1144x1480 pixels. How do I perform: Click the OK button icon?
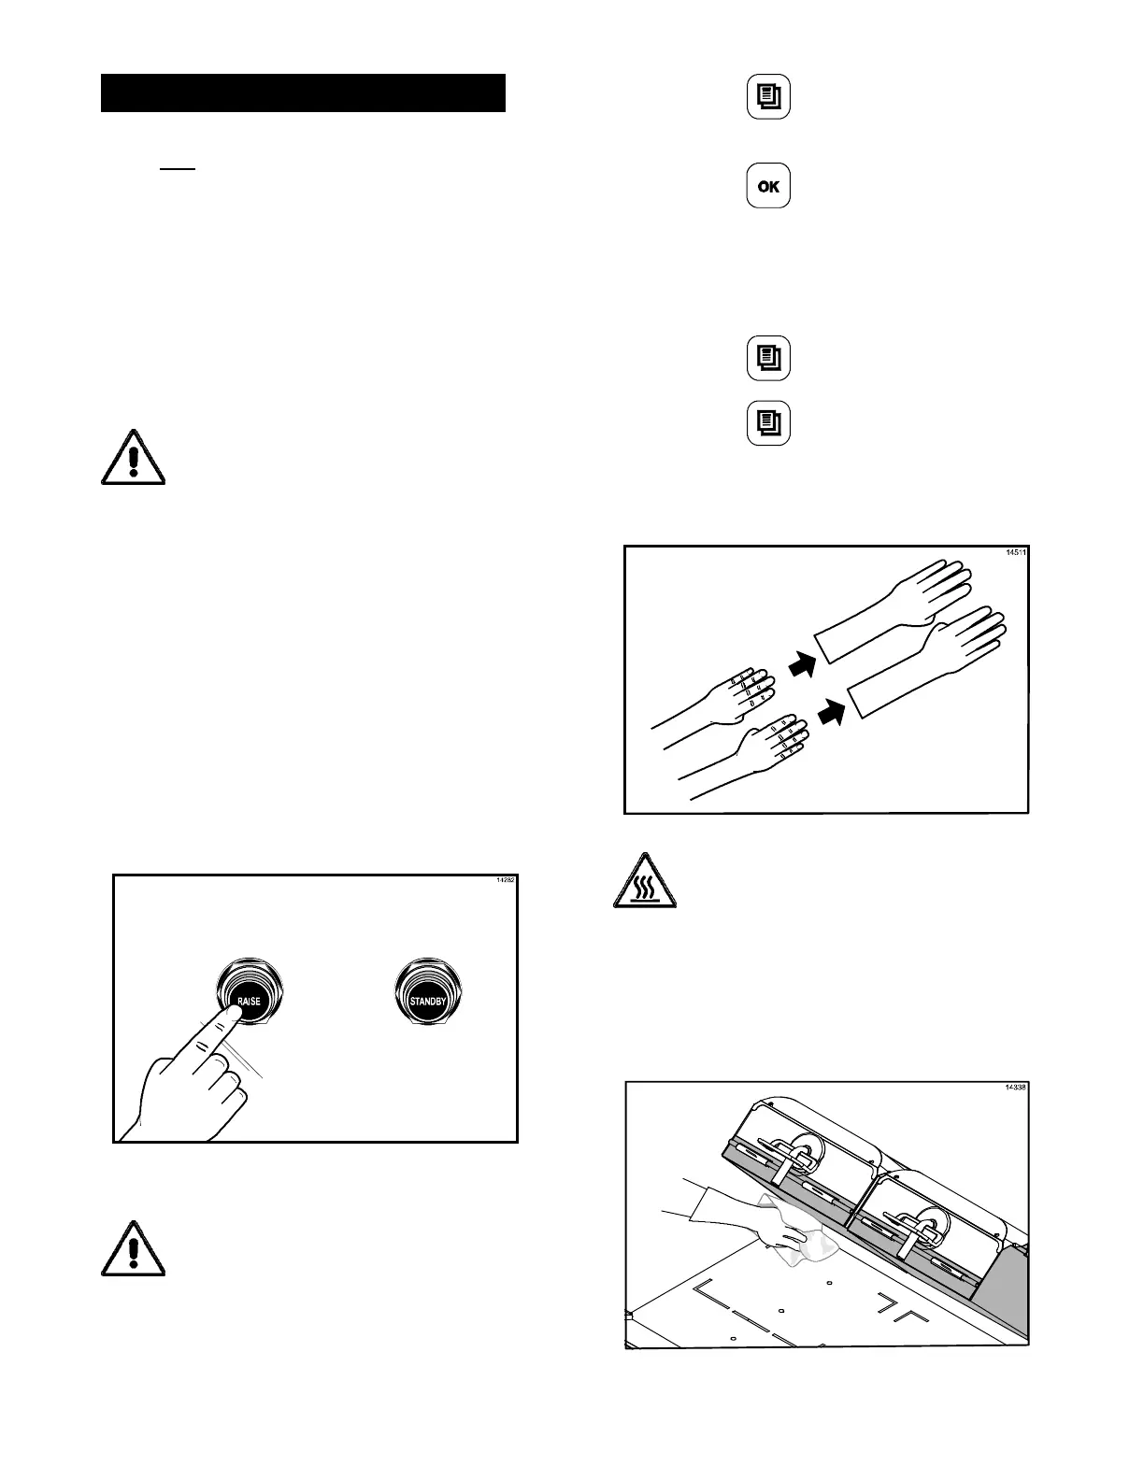768,186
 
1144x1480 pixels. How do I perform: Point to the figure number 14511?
1016,552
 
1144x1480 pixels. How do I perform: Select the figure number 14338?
1016,1088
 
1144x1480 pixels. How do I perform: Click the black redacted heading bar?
303,92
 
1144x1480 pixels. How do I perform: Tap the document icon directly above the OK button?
768,97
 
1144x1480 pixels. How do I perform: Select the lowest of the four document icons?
768,423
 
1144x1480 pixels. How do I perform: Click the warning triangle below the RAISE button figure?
133,1249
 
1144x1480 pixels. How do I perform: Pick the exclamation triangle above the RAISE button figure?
133,458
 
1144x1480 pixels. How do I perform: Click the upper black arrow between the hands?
801,664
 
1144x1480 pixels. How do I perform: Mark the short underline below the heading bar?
178,170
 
